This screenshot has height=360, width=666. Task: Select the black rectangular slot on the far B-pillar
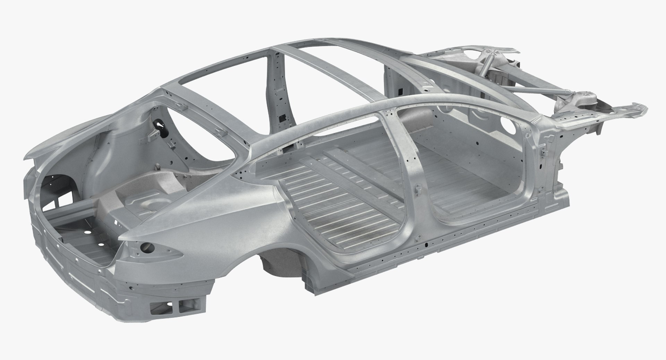284,118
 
